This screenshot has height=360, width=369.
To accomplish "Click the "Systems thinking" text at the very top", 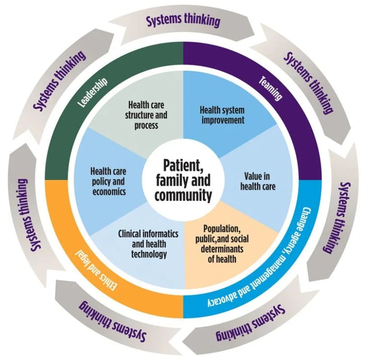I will click(183, 21).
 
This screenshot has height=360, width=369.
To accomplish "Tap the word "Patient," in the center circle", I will click(181, 166).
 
